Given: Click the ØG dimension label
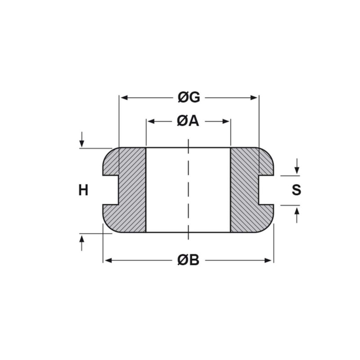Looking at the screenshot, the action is tap(189, 98).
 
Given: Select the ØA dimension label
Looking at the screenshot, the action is tap(188, 121).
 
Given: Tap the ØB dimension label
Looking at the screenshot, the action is tap(188, 261).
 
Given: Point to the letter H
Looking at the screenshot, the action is tap(83, 190).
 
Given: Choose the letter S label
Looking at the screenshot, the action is tap(297, 190).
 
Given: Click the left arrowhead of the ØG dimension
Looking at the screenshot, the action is tap(125, 98).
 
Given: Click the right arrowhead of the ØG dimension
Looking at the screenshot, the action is tap(253, 98).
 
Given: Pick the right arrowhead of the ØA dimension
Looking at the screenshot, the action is tap(226, 121).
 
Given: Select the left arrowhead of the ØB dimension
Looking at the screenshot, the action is tap(108, 261).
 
